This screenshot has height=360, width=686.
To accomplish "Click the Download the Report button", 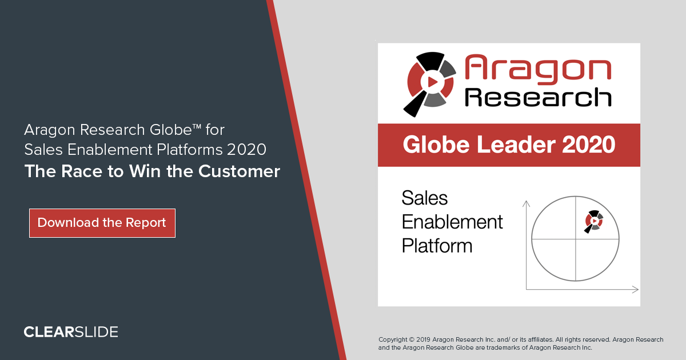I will point(102,223).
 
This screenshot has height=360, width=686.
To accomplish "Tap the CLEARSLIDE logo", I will point(71,332).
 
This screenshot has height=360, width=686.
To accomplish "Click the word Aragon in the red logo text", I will point(537,68).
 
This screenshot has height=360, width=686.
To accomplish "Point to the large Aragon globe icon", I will point(430,81).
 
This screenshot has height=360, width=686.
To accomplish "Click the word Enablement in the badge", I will point(452,222).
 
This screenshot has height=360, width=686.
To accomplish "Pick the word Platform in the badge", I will point(437,246).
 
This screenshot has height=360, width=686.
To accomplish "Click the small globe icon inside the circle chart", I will point(593,221).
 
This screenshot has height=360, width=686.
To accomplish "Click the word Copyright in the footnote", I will point(393,339).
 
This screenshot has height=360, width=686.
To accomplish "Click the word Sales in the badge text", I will point(425,198).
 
